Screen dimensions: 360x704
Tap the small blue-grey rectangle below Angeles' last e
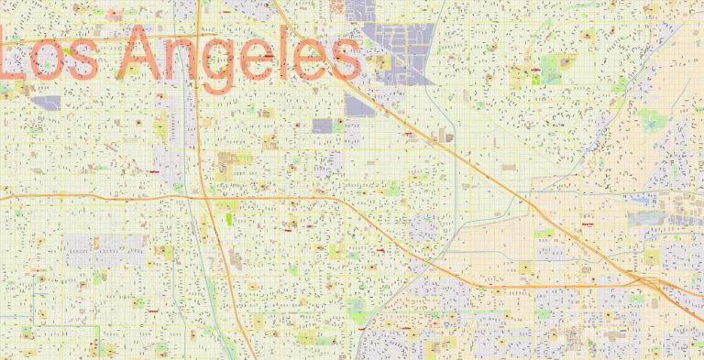(x=322, y=125)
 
